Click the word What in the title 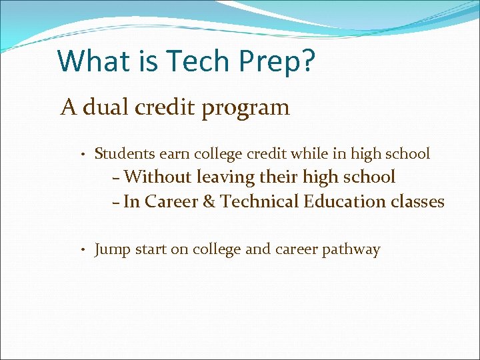click(x=86, y=61)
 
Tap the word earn click(x=175, y=154)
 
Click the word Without click(x=158, y=177)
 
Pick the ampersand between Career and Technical click(x=209, y=201)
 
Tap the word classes click(x=417, y=201)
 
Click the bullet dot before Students click(x=79, y=155)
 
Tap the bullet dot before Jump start click(x=79, y=251)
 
